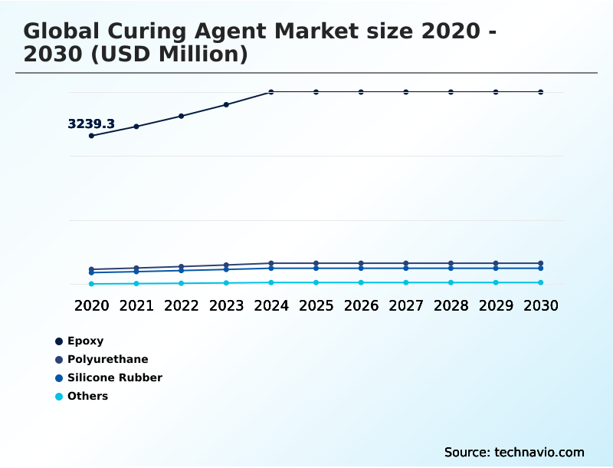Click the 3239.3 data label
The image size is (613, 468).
[x=91, y=124]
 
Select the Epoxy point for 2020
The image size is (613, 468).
[x=92, y=136]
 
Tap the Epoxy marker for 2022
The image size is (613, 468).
[x=182, y=116]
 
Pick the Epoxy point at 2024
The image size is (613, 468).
[x=271, y=92]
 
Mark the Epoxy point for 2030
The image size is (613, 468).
[x=541, y=92]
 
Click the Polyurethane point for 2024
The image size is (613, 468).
[x=271, y=263]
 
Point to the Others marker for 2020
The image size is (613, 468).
[x=92, y=284]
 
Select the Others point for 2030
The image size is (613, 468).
[x=541, y=282]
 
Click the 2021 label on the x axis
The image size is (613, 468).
[x=136, y=305]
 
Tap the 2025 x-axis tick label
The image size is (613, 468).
[x=316, y=305]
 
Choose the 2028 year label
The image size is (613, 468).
[x=451, y=305]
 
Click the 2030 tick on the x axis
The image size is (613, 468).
[x=541, y=305]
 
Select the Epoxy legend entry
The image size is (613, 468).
[x=85, y=341]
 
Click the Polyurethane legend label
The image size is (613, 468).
[x=107, y=359]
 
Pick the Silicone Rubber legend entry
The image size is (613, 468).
[x=114, y=377]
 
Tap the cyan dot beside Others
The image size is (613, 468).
[x=59, y=397]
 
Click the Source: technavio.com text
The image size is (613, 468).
[x=514, y=452]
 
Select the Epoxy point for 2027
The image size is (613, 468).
[x=406, y=92]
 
